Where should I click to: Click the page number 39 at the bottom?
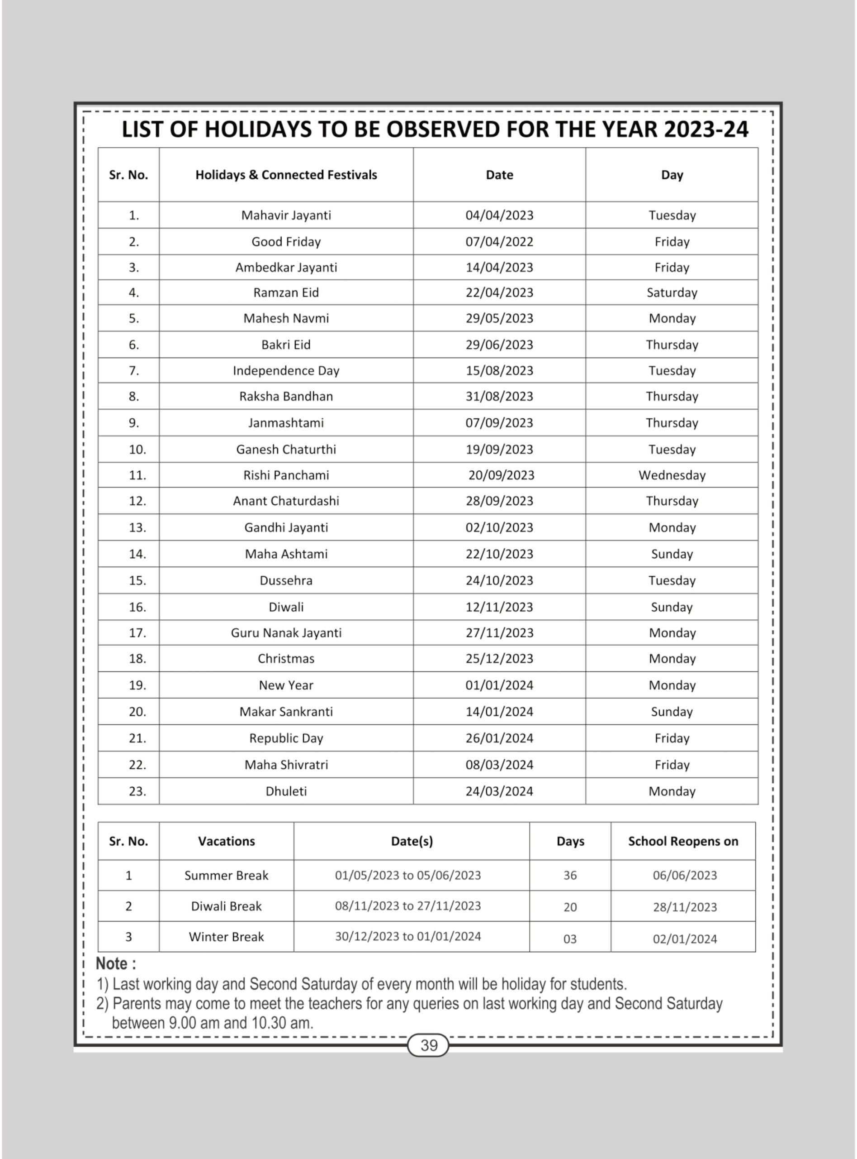pyautogui.click(x=429, y=1045)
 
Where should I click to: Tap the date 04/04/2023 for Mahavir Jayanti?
pyautogui.click(x=499, y=215)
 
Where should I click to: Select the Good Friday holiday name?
pyautogui.click(x=286, y=241)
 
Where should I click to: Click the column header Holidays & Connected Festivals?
pyautogui.click(x=286, y=175)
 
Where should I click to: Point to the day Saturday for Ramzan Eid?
pyautogui.click(x=671, y=292)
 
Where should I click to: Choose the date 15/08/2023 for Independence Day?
pyautogui.click(x=499, y=370)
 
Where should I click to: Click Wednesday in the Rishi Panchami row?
pyautogui.click(x=671, y=475)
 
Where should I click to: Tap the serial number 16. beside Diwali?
pyautogui.click(x=137, y=607)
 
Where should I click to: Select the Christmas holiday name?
pyautogui.click(x=286, y=658)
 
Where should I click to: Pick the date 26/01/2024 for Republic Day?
pyautogui.click(x=499, y=738)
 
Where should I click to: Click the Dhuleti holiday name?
pyautogui.click(x=286, y=791)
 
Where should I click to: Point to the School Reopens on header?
pyautogui.click(x=683, y=841)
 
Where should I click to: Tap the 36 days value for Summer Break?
pyautogui.click(x=570, y=876)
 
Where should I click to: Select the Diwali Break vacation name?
pyautogui.click(x=226, y=906)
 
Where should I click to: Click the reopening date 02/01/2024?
pyautogui.click(x=684, y=939)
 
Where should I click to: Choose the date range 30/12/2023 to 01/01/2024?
pyautogui.click(x=408, y=936)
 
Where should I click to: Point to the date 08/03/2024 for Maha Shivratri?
pyautogui.click(x=499, y=764)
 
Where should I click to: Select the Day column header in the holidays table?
pyautogui.click(x=671, y=175)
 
